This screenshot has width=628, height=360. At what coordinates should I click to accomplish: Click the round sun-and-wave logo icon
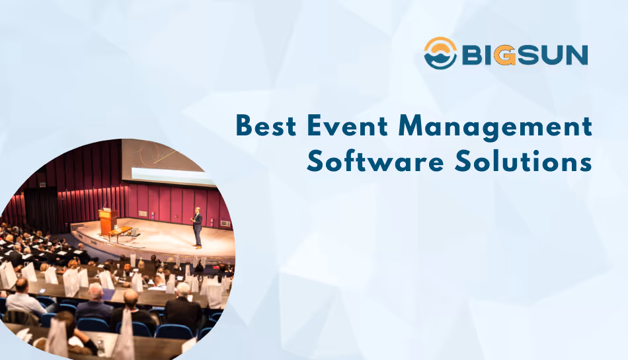tap(440, 54)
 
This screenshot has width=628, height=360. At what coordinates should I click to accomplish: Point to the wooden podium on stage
tap(107, 221)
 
